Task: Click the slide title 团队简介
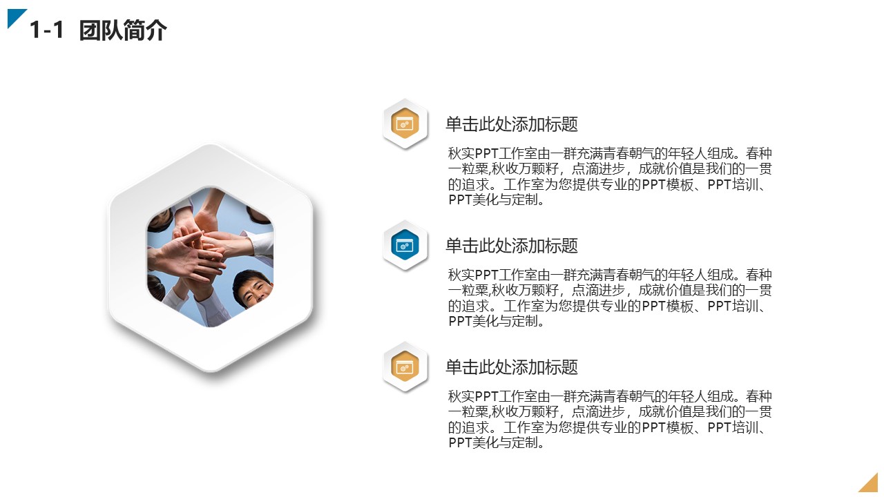(123, 31)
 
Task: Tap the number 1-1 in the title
(47, 31)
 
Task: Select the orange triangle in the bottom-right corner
(871, 485)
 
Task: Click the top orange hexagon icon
(405, 124)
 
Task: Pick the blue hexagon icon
(405, 246)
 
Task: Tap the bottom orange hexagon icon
(405, 367)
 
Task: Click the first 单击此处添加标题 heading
(511, 125)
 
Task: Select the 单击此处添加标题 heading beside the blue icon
(511, 246)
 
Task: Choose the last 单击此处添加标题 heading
(511, 368)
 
